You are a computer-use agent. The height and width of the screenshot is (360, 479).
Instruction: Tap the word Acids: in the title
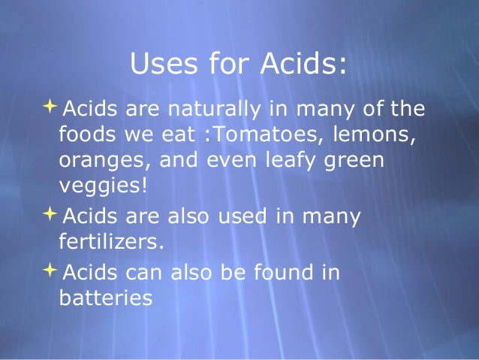303,64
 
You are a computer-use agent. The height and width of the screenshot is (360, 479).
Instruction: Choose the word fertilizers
110,242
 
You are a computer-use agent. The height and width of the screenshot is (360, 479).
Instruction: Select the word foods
86,135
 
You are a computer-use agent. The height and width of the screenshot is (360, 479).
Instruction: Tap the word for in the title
220,64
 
